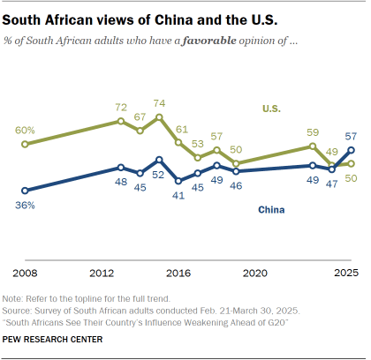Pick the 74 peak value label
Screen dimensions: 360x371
coord(159,103)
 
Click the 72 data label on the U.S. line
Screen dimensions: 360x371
coord(121,107)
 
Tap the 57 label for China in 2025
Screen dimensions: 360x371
coord(350,136)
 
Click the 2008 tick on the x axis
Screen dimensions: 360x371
coord(24,272)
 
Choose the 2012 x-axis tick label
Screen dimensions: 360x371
coord(101,272)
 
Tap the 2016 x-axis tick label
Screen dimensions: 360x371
coord(178,272)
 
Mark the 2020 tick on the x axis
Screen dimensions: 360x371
coord(254,272)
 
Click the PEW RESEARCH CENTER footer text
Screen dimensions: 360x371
coord(53,339)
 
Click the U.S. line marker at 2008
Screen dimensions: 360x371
coord(24,144)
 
